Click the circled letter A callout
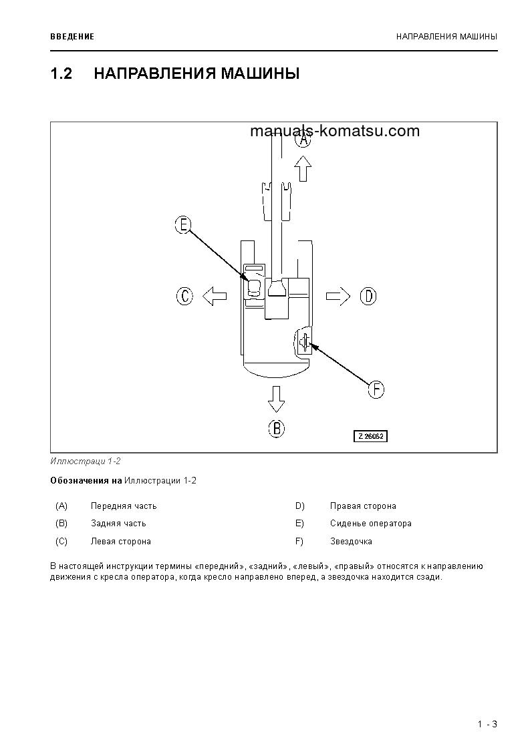click(303, 139)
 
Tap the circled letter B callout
click(276, 427)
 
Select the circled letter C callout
click(184, 296)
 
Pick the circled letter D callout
click(368, 296)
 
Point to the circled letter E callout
click(183, 225)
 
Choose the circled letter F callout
click(376, 389)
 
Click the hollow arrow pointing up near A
click(303, 168)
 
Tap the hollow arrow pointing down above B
click(276, 399)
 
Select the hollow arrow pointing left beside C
click(215, 296)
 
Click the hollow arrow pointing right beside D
click(338, 296)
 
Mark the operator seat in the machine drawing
click(254, 287)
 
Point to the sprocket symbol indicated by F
click(303, 342)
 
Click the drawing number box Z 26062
click(370, 436)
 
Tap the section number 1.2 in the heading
click(61, 73)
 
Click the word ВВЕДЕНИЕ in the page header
click(72, 36)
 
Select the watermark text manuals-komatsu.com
click(335, 131)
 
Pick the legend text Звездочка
click(351, 542)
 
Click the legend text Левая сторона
click(121, 542)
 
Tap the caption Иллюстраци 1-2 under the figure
click(86, 461)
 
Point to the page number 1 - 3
click(487, 724)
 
